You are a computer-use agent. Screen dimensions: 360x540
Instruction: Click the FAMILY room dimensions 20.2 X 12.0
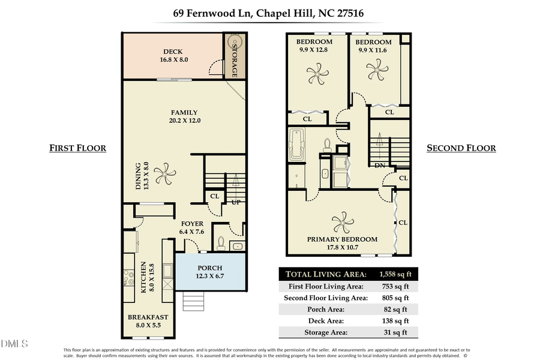[184, 121]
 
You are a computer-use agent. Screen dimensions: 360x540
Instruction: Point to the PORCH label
[209, 268]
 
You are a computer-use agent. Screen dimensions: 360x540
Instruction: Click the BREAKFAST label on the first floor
[148, 317]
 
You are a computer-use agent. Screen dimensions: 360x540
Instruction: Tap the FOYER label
[192, 223]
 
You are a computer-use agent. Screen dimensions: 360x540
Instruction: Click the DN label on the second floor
[379, 166]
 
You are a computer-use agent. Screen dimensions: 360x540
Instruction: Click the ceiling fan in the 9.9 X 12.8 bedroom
[317, 76]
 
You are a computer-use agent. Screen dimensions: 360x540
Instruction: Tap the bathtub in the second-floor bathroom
[298, 144]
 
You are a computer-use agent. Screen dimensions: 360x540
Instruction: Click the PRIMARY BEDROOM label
[343, 239]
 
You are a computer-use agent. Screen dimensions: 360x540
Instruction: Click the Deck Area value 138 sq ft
[396, 321]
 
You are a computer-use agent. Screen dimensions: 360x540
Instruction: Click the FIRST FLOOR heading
[77, 148]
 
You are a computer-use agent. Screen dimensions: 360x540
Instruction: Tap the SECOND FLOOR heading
[461, 148]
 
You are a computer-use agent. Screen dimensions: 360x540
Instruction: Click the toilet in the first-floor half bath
[220, 243]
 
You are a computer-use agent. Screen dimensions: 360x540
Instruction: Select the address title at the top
[269, 12]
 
